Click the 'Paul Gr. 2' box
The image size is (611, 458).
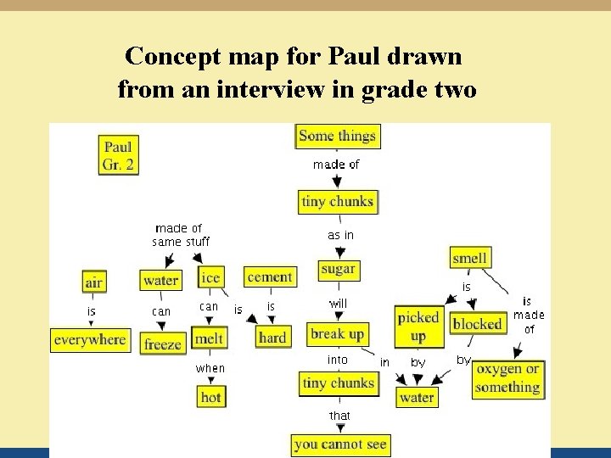pyautogui.click(x=118, y=155)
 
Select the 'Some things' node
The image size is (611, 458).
pyautogui.click(x=337, y=136)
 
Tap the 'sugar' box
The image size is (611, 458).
pyautogui.click(x=338, y=269)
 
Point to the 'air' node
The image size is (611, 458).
pyautogui.click(x=93, y=281)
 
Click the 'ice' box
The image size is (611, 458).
pyautogui.click(x=210, y=277)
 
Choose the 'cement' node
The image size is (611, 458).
pyautogui.click(x=270, y=276)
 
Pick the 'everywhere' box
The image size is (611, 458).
pyautogui.click(x=89, y=340)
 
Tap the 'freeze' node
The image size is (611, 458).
pyautogui.click(x=162, y=344)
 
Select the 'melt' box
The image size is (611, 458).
pyautogui.click(x=209, y=338)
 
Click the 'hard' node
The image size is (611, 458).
pyautogui.click(x=272, y=337)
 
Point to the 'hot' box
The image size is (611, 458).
pyautogui.click(x=210, y=396)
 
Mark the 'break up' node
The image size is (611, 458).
pyautogui.click(x=337, y=334)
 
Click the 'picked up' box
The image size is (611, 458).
pyautogui.click(x=418, y=327)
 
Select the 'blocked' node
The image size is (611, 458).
pyautogui.click(x=477, y=323)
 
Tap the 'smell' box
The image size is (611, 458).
pyautogui.click(x=469, y=258)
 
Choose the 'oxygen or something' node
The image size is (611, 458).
pyautogui.click(x=507, y=378)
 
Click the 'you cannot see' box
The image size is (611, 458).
pyautogui.click(x=340, y=444)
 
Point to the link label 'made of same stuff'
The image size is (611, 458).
pyautogui.click(x=180, y=235)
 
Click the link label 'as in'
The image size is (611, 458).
pyautogui.click(x=340, y=235)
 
